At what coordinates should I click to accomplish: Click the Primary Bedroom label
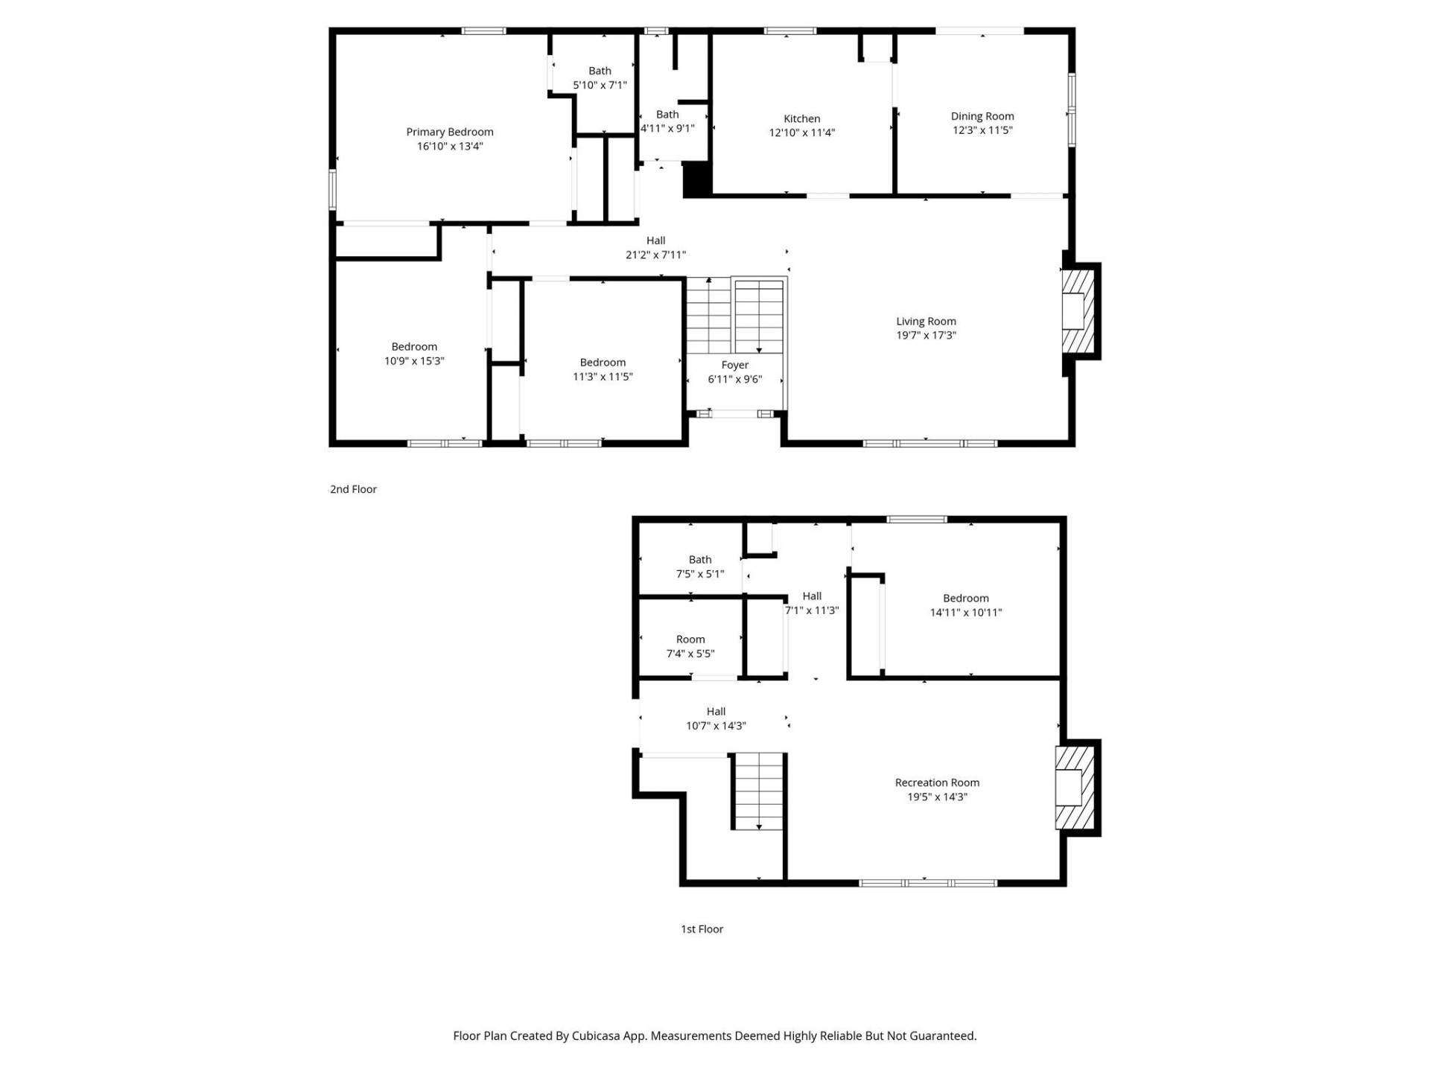(x=449, y=132)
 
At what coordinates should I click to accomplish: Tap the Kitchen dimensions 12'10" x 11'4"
(x=801, y=133)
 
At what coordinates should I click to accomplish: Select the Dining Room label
(x=982, y=116)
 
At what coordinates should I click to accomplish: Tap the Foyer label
(x=734, y=365)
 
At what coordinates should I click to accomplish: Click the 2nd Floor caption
(x=353, y=489)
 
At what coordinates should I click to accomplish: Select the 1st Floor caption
(x=702, y=929)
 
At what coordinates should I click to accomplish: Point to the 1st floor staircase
(x=758, y=791)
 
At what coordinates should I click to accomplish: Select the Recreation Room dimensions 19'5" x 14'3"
(x=937, y=797)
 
